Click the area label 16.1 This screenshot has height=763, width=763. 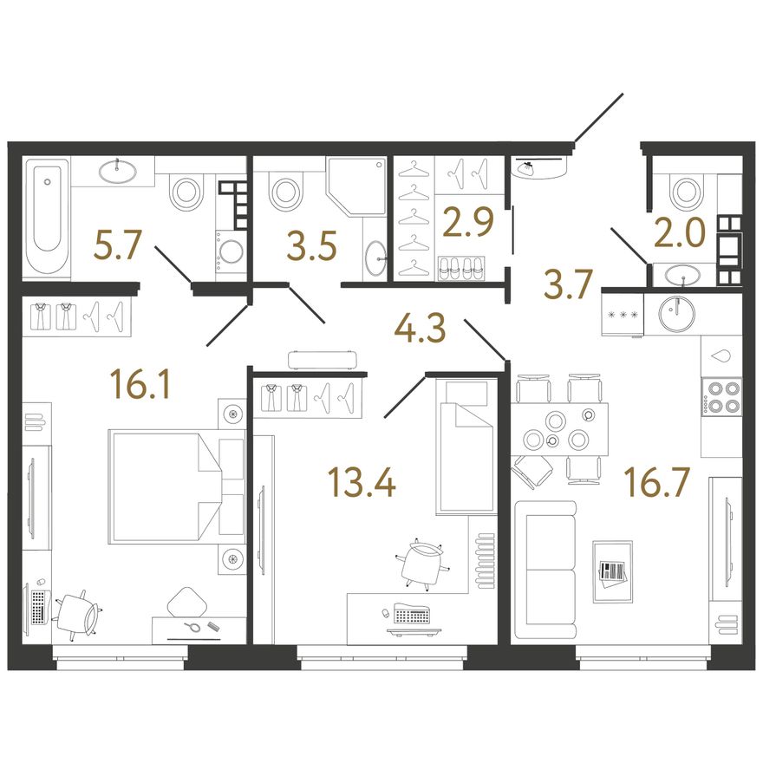pyautogui.click(x=140, y=384)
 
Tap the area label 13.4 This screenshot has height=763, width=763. pyautogui.click(x=362, y=482)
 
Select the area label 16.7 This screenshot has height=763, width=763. pyautogui.click(x=658, y=482)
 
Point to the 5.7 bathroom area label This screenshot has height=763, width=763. pyautogui.click(x=117, y=245)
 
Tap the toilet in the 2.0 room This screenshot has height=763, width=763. pyautogui.click(x=686, y=190)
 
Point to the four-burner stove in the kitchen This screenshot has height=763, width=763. pyautogui.click(x=721, y=396)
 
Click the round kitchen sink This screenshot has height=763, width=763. pyautogui.click(x=676, y=313)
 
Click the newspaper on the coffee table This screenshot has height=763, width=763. pyautogui.click(x=612, y=572)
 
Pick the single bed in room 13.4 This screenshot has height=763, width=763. pyautogui.click(x=466, y=447)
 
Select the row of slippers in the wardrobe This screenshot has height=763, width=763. pyautogui.click(x=461, y=268)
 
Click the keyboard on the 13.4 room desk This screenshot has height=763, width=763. pyautogui.click(x=412, y=615)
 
